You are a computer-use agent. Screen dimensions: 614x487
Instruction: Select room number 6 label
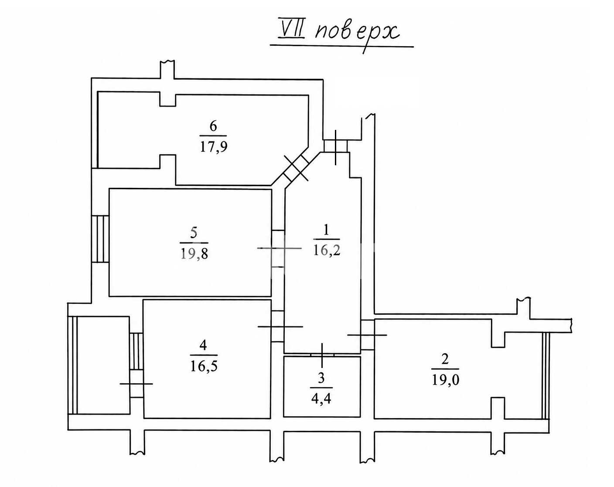point(213,126)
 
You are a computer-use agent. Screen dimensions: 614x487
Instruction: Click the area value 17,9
point(214,146)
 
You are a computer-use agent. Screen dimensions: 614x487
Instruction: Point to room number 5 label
point(194,233)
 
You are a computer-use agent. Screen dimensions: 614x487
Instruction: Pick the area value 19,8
point(194,254)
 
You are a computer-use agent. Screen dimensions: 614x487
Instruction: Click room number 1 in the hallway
point(326,230)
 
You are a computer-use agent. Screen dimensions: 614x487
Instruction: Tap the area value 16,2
point(327,250)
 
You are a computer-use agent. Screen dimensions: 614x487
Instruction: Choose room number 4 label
point(203,345)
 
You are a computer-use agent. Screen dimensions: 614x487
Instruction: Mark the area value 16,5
point(204,366)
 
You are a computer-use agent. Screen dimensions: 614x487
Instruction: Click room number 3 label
point(321,378)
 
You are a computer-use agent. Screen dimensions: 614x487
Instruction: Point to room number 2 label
point(445,359)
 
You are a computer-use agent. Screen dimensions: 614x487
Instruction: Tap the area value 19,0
point(445,380)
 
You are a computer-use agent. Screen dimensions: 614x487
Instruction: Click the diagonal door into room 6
point(297,169)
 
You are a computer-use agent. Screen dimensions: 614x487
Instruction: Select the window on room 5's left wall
point(100,239)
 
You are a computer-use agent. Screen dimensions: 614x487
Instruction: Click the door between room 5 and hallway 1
point(278,249)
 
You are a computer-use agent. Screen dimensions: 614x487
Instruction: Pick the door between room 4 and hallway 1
point(278,327)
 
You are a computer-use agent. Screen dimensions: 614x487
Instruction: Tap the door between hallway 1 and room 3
point(322,355)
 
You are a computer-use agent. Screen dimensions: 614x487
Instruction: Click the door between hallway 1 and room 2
point(368,335)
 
